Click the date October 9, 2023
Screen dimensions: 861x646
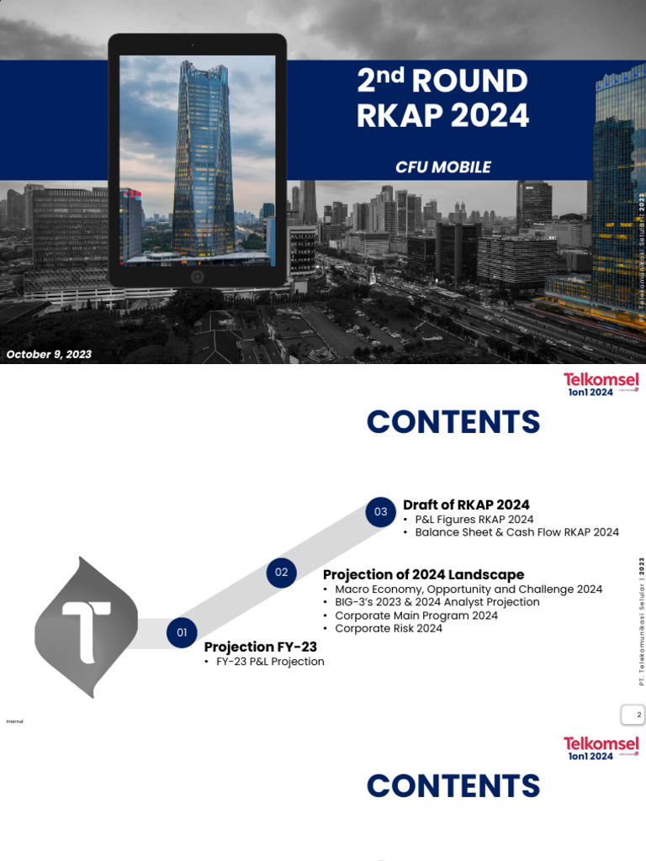[49, 354]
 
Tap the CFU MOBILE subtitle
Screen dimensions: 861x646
[443, 166]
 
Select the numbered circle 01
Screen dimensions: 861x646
[182, 632]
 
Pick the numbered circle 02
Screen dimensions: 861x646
[281, 573]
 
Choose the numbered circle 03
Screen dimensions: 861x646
[381, 511]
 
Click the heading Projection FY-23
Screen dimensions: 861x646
[261, 647]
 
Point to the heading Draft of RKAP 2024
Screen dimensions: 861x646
[466, 504]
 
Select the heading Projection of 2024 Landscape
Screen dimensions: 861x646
[423, 574]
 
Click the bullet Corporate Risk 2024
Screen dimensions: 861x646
[388, 628]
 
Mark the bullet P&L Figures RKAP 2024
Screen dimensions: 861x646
[474, 520]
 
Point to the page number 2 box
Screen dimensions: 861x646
[633, 716]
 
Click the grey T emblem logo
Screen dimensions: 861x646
[86, 626]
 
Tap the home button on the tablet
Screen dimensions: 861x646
[197, 277]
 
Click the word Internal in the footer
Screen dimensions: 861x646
[14, 721]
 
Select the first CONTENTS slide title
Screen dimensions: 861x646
[453, 421]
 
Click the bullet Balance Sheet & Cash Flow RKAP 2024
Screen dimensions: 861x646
[516, 532]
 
